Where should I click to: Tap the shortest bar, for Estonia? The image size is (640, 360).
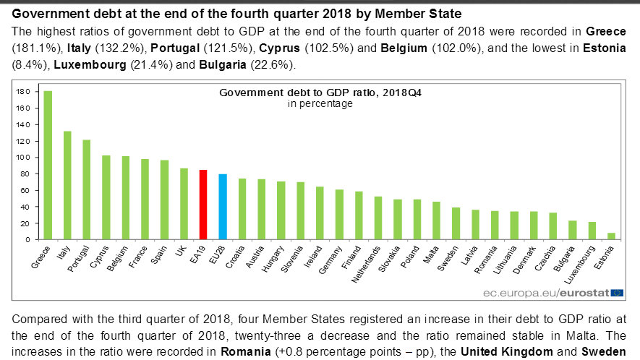coord(612,236)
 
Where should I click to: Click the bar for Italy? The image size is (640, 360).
coord(67,185)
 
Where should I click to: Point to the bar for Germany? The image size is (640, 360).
coord(339,215)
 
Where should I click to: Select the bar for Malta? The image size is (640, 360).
coord(436,220)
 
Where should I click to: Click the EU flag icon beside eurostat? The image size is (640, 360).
coord(617,292)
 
